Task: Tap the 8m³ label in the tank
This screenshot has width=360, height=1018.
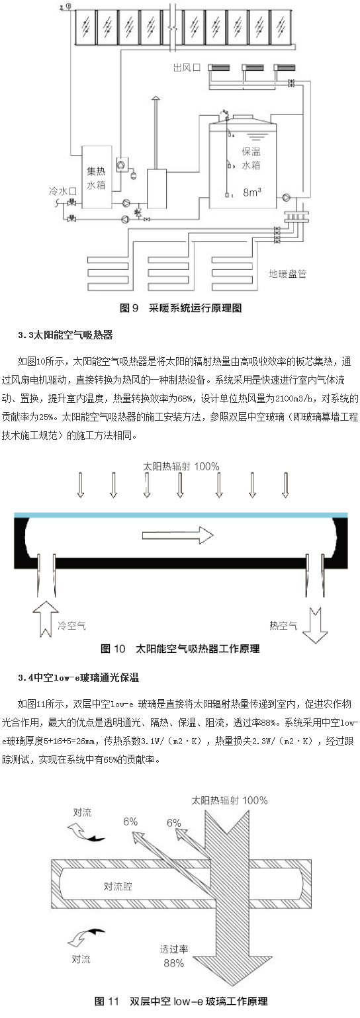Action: coord(252,192)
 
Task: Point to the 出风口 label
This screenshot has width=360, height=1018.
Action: coord(187,67)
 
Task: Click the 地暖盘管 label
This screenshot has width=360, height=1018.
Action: coord(288,274)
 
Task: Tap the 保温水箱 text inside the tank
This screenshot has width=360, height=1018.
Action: coord(251,158)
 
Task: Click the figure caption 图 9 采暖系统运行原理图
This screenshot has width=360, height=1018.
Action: coord(181,308)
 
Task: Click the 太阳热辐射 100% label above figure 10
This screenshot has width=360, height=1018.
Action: coord(181,466)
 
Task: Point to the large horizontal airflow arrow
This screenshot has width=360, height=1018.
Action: coord(178,535)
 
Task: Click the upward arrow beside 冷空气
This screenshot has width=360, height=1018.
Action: coord(46,618)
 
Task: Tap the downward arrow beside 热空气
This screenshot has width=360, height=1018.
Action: coord(315,624)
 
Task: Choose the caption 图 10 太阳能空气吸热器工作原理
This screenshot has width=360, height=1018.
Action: coord(180,648)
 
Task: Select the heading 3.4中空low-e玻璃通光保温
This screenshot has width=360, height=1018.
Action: coord(78,678)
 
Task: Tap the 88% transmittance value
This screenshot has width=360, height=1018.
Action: coord(173,962)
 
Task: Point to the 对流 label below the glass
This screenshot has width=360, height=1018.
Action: coord(81,959)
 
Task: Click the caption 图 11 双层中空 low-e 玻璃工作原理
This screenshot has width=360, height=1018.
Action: coord(181,1001)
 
